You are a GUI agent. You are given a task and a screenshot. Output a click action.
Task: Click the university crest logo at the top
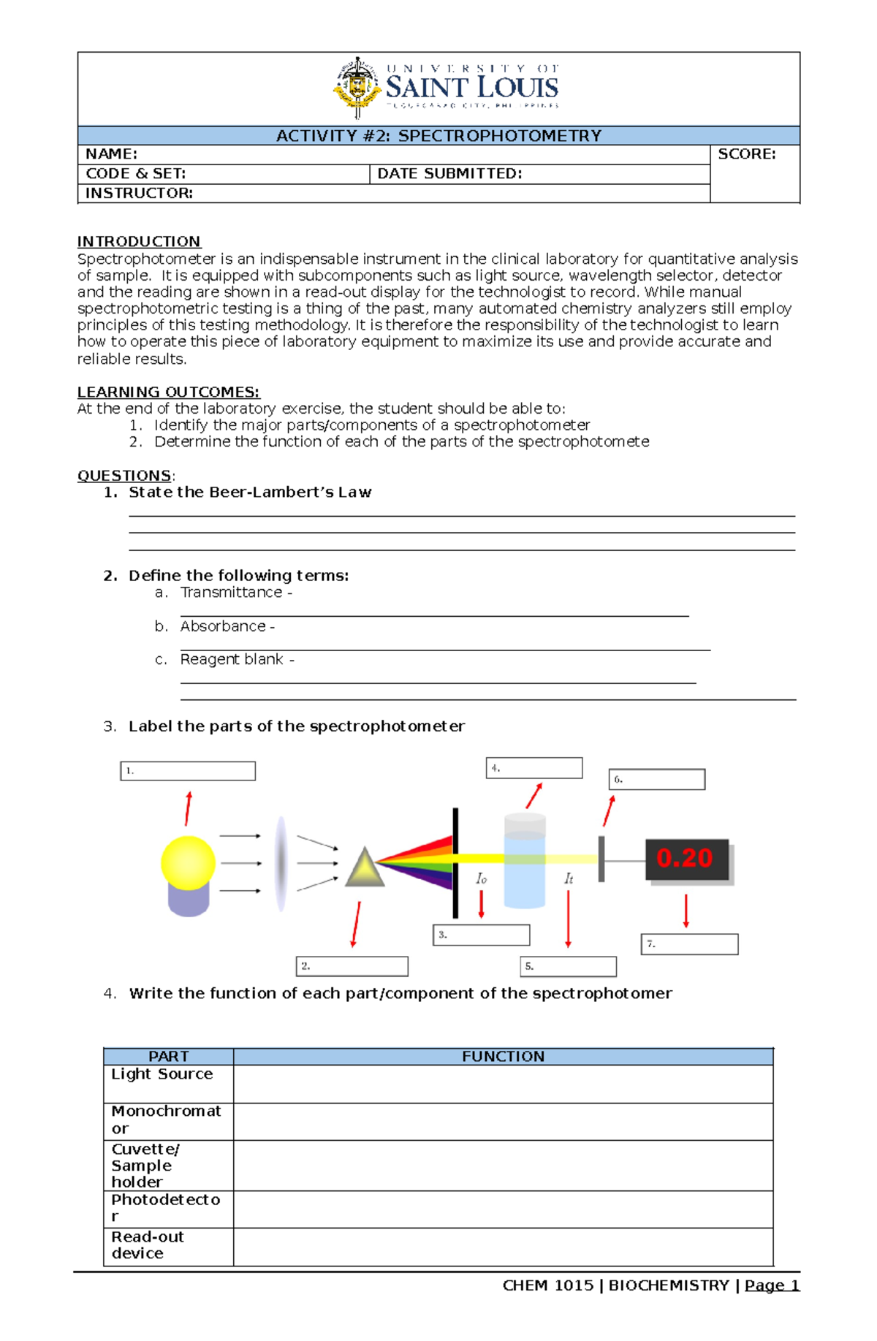[x=357, y=88]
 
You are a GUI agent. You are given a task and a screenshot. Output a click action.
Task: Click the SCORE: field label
[x=746, y=154]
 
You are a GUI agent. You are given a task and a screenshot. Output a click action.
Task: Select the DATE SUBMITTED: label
[x=449, y=174]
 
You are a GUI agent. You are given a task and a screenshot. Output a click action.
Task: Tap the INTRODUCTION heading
[x=139, y=242]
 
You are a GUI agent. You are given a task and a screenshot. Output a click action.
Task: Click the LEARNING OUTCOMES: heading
[x=168, y=392]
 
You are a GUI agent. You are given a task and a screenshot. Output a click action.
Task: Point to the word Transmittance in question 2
[x=231, y=593]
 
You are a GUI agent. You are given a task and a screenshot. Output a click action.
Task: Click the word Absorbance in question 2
[x=223, y=626]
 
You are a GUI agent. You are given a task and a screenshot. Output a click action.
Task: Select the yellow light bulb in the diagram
[x=188, y=864]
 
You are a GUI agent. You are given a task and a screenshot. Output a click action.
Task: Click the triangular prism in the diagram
[x=364, y=868]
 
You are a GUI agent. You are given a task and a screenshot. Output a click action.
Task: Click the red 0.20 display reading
[x=685, y=858]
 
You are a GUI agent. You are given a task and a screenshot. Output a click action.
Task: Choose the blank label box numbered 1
[x=188, y=771]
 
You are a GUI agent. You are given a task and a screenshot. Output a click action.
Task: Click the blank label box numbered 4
[x=534, y=768]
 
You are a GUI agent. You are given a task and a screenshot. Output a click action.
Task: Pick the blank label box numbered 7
[x=689, y=944]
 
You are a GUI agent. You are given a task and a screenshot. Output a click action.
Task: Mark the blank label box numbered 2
[x=352, y=966]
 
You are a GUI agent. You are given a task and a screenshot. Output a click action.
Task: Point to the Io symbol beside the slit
[x=481, y=878]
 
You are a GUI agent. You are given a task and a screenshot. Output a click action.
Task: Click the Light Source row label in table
[x=162, y=1074]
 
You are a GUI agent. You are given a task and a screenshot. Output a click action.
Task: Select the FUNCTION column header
[x=503, y=1056]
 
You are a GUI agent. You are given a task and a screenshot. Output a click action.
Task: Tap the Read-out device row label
[x=147, y=1245]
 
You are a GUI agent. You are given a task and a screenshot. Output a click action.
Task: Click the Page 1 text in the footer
[x=772, y=1285]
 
